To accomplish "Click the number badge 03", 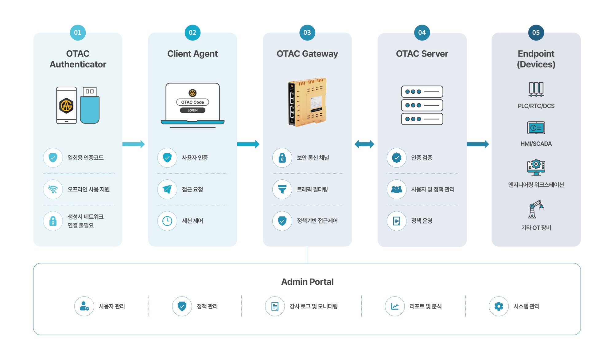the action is coord(307,33).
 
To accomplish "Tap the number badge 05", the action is coord(536,33).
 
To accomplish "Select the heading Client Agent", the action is coord(192,54).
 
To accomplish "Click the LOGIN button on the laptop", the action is coord(192,110).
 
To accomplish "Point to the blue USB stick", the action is coord(90,105).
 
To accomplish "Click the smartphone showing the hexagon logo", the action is coord(66,105).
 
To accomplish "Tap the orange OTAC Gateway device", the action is coord(307,102).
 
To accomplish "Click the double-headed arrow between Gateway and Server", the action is coord(364,144).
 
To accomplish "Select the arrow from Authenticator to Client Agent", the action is coord(134,144).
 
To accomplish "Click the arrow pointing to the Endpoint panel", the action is coord(478,144).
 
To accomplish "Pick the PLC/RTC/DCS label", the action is coord(536,106).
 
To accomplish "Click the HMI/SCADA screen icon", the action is coord(536,128).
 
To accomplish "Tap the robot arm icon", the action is coord(536,209).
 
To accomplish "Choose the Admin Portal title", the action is coord(307,282).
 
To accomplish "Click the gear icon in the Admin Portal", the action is coord(499,306).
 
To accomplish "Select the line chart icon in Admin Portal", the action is coord(395,306).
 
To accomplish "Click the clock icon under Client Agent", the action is coord(167,221).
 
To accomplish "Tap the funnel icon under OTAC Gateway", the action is coord(282,189).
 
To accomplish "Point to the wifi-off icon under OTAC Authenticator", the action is coord(53,189).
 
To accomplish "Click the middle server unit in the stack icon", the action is coord(422,105).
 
